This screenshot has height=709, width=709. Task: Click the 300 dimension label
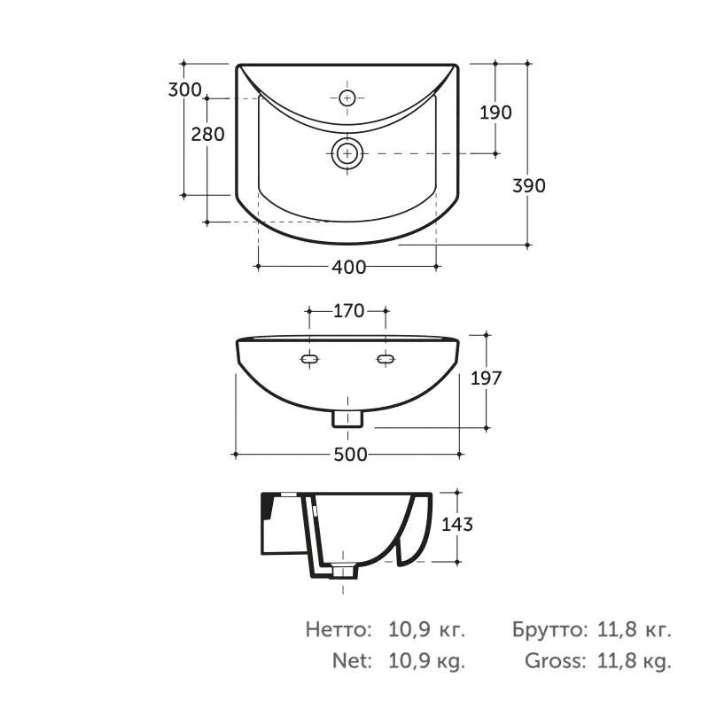click(184, 90)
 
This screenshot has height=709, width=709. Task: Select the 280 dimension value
click(207, 135)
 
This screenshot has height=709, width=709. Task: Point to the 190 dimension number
click(495, 113)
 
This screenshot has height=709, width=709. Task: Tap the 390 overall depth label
click(528, 185)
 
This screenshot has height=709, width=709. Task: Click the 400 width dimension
click(349, 268)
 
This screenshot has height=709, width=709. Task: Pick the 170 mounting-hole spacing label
click(348, 311)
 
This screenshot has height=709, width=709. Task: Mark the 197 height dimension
click(486, 378)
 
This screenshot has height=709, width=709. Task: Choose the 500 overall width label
click(350, 455)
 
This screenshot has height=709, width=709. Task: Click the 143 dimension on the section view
click(457, 524)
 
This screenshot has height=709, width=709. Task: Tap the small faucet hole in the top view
click(347, 97)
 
